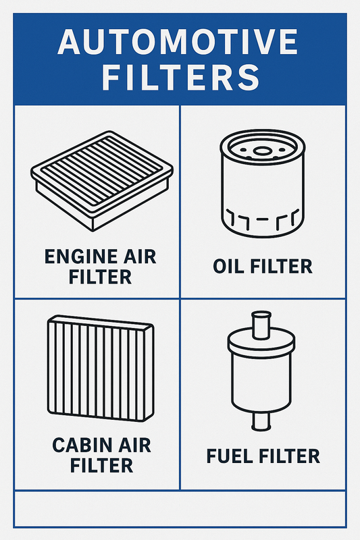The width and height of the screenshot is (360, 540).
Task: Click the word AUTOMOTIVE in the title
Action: click(178, 42)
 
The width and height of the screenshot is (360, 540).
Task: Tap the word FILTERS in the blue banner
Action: click(180, 78)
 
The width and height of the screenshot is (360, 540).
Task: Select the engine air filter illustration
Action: click(102, 180)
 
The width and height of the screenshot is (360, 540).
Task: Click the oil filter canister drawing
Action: click(263, 184)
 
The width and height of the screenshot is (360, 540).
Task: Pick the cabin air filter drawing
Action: click(101, 369)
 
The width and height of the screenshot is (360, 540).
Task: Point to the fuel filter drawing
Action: click(261, 371)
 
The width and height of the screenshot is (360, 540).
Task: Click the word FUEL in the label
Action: click(230, 456)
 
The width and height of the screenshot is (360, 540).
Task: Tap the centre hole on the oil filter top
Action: click(263, 151)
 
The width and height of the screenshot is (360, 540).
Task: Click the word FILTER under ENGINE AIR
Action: click(100, 277)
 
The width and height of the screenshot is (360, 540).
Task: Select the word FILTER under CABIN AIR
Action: click(101, 465)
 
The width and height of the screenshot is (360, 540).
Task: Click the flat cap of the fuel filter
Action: click(261, 340)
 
